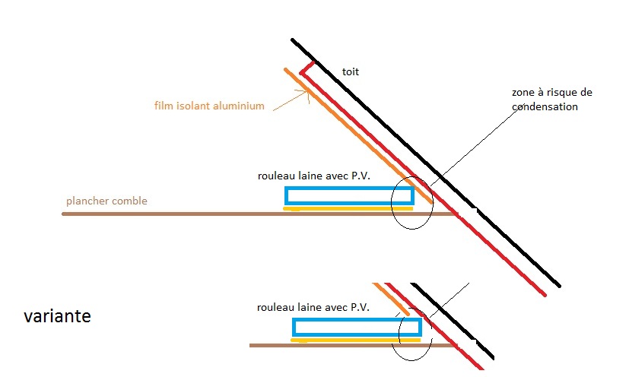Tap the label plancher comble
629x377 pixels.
click(x=106, y=201)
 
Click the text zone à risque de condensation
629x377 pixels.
click(x=551, y=100)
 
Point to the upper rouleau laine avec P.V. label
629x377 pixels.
click(x=313, y=176)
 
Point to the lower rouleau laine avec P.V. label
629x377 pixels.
click(x=314, y=307)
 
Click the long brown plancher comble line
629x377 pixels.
click(x=228, y=214)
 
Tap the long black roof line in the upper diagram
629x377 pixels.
click(x=426, y=163)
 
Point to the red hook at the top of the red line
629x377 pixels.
click(x=307, y=69)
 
